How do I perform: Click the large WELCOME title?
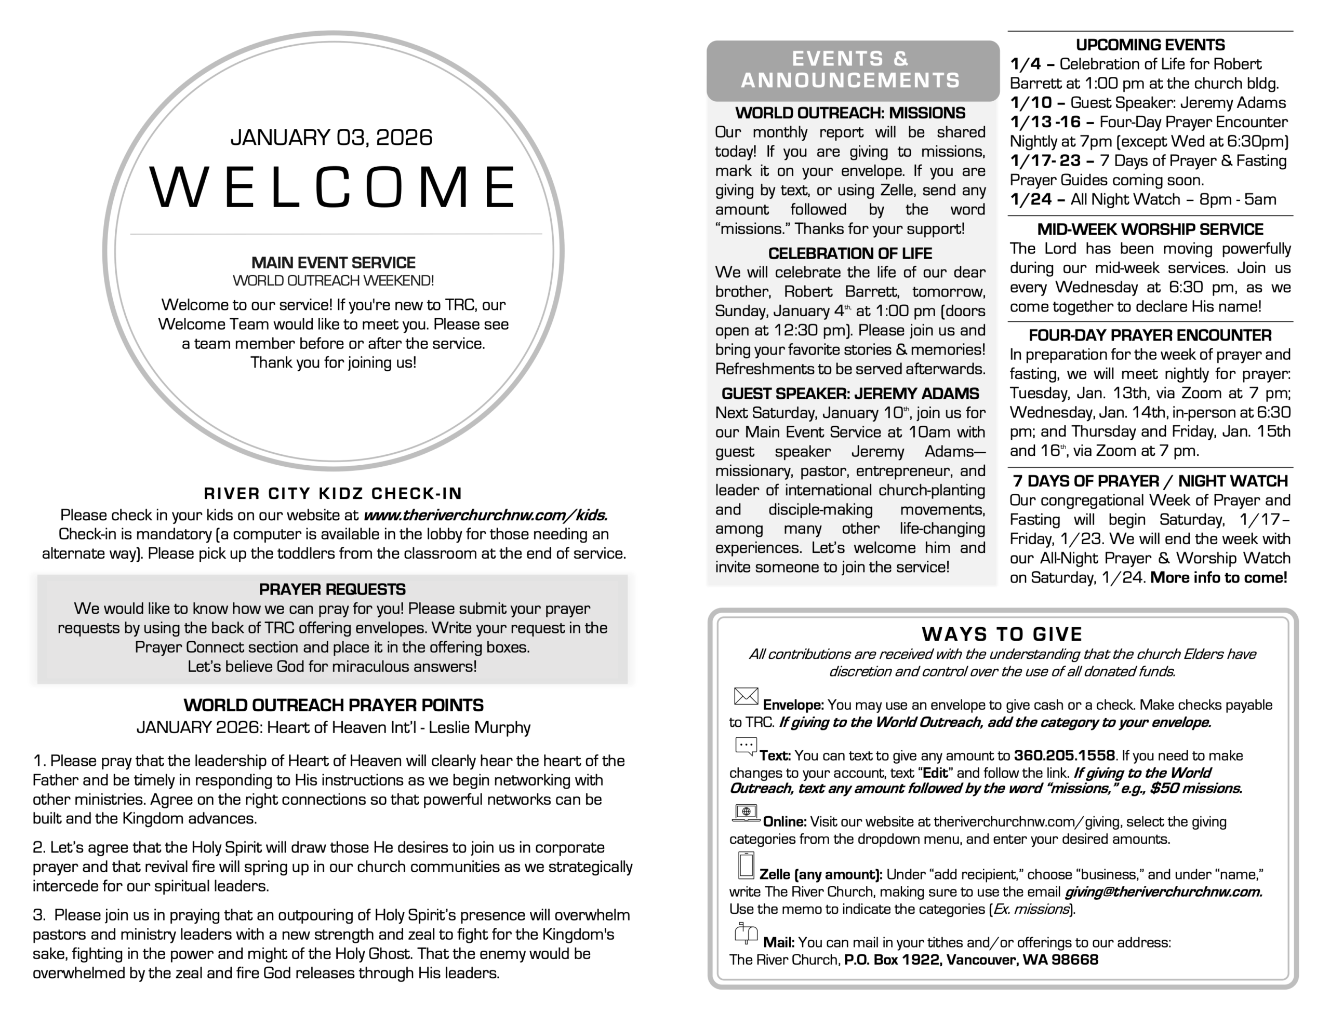point(332,186)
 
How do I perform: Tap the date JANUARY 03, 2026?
point(331,138)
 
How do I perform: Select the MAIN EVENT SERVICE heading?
point(333,263)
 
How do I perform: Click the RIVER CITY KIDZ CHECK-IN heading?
point(333,493)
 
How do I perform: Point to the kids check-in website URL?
point(485,516)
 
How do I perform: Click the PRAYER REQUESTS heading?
point(332,589)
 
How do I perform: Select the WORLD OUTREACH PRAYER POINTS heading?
point(333,705)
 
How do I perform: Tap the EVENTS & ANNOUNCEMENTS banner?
point(851,70)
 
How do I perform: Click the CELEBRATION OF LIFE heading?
point(850,253)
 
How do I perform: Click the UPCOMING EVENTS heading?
point(1150,45)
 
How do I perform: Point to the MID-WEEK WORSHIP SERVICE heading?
point(1150,229)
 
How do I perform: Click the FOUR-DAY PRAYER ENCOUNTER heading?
point(1150,335)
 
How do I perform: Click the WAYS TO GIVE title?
point(1002,634)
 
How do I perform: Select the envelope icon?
point(746,696)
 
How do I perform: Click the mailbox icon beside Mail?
point(746,933)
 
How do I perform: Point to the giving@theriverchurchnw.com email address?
point(1163,892)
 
